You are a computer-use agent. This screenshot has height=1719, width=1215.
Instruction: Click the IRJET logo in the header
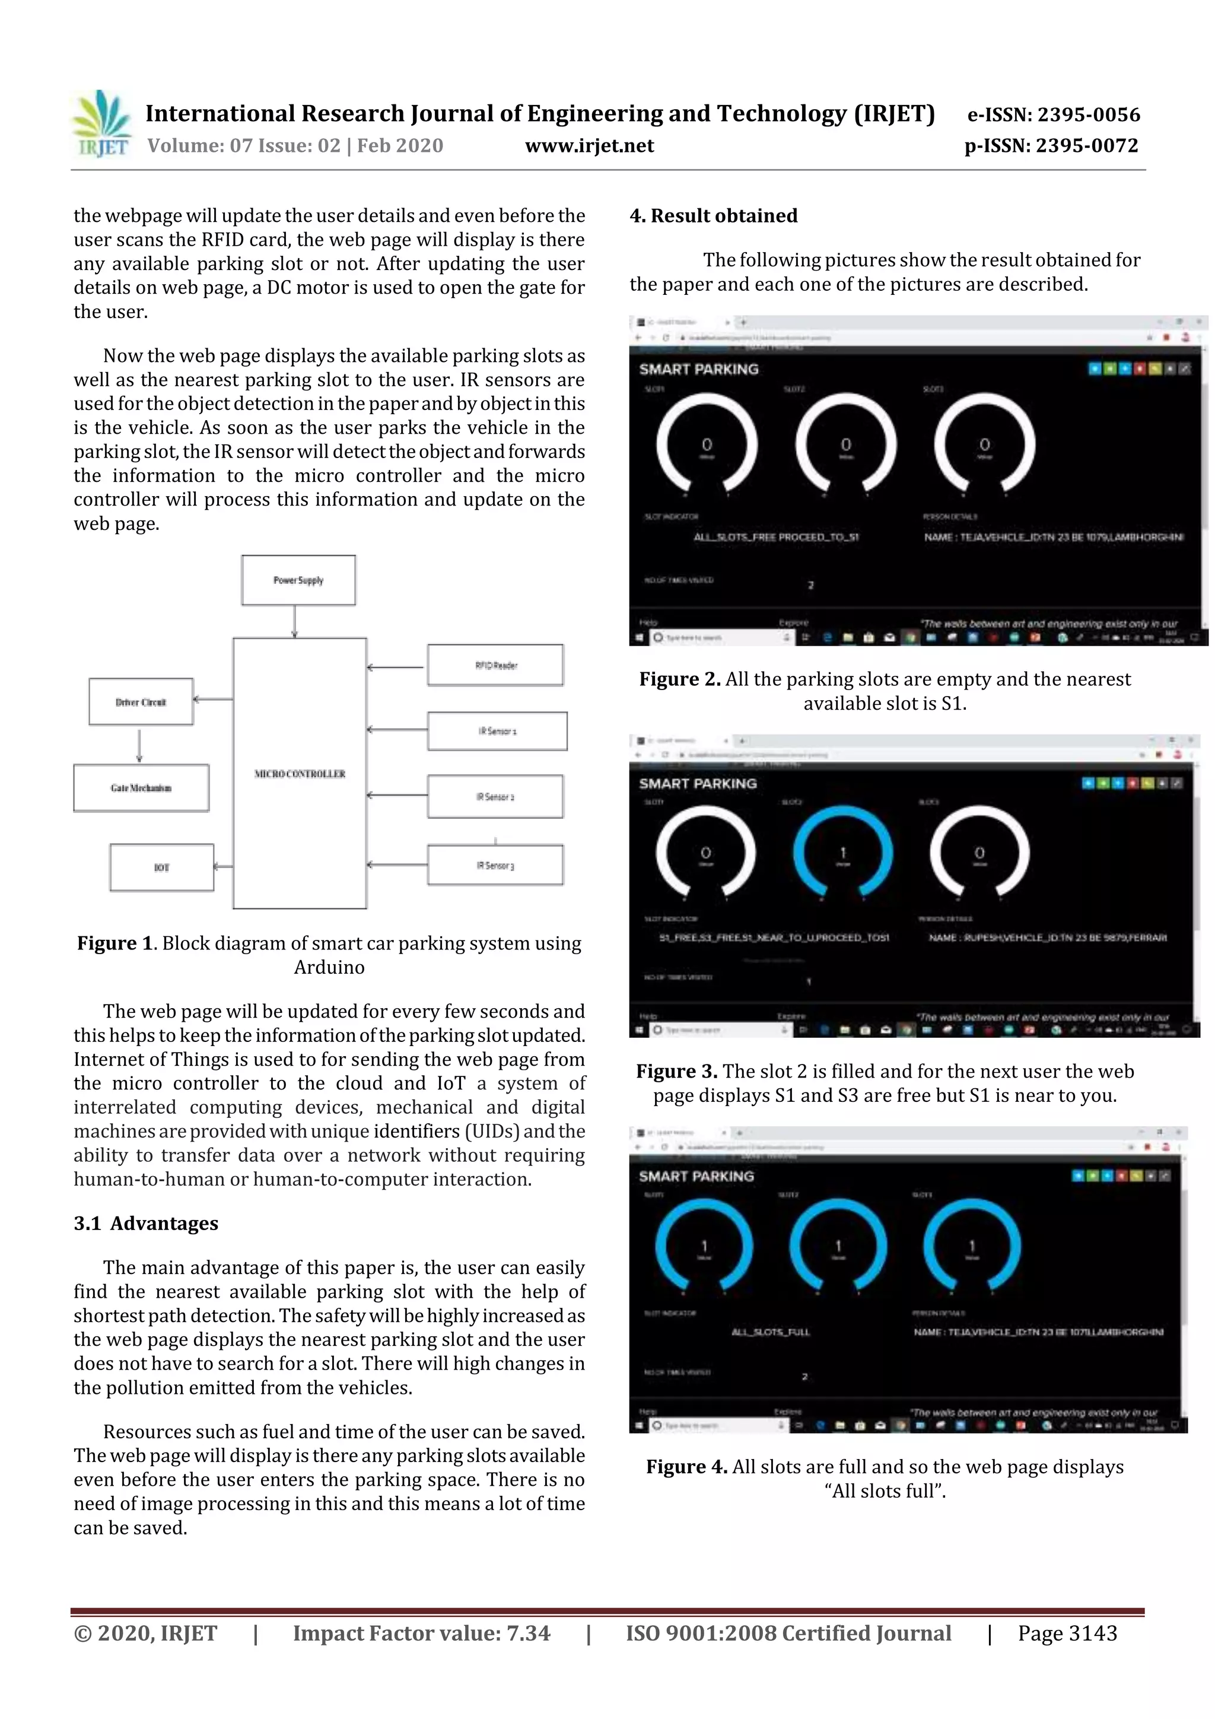pos(101,124)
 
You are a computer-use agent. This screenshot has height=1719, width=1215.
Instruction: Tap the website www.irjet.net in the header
pos(589,146)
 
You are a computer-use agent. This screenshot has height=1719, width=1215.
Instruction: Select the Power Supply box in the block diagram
pos(298,580)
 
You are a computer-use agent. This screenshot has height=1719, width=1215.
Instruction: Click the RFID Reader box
pos(495,665)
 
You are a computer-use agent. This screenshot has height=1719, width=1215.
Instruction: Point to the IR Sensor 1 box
pos(497,730)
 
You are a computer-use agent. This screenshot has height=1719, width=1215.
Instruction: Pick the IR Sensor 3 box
pos(495,866)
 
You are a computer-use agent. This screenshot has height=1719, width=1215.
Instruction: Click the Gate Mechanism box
pos(141,787)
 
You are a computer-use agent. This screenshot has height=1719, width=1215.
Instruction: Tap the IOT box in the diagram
pos(162,868)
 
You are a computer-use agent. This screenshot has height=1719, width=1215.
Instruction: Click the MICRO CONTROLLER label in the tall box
pos(300,773)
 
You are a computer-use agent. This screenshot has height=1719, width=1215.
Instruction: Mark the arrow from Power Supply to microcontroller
pos(294,621)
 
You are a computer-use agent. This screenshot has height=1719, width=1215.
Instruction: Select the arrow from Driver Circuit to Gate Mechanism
pos(139,744)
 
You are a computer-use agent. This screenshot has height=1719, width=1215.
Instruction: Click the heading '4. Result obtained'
pos(714,215)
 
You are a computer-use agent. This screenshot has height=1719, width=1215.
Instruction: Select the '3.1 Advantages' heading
pos(146,1224)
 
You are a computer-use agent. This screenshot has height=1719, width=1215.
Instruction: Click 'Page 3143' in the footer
pos(1067,1633)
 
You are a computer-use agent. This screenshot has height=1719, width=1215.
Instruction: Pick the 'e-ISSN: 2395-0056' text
pos(1053,115)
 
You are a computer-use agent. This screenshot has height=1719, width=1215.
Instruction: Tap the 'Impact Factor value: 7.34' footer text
pos(421,1633)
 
